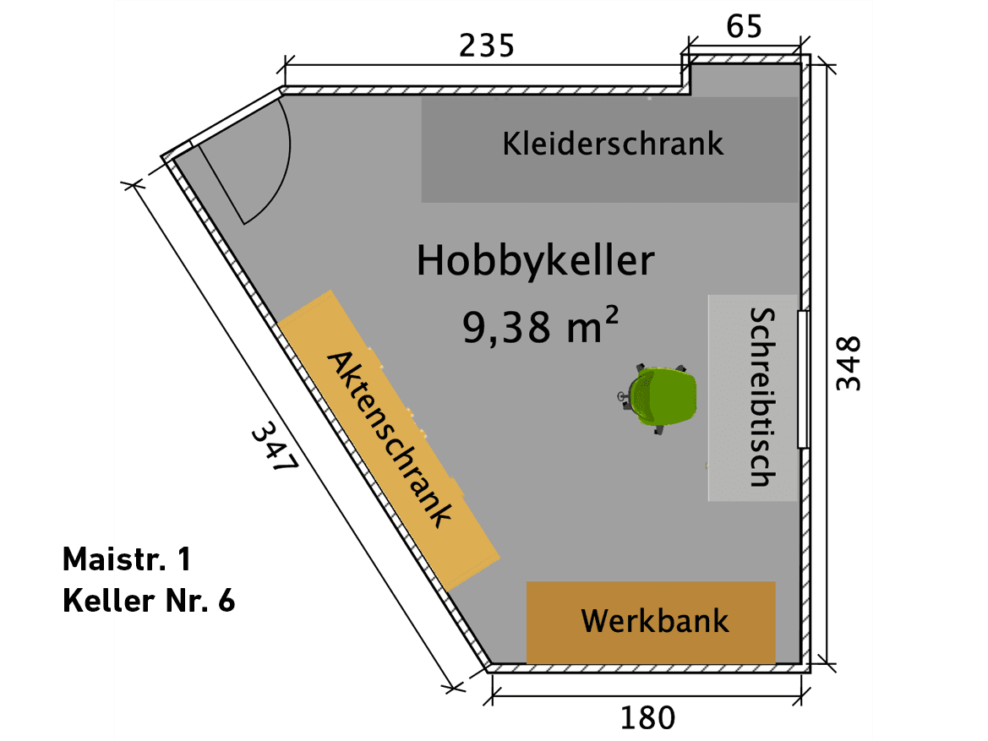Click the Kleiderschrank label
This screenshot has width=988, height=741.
coord(613,143)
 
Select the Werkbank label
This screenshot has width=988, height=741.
coord(654,622)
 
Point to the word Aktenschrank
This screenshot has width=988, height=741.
coord(390,439)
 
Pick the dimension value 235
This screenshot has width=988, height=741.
coord(486,46)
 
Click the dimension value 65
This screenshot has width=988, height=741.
coord(745,27)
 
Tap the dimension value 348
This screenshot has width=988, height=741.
coord(848,363)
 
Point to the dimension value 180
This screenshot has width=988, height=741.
coord(648,718)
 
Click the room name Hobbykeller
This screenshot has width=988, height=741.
coord(535,261)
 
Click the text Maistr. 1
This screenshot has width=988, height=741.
coord(127,558)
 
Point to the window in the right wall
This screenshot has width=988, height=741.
coord(803,379)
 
